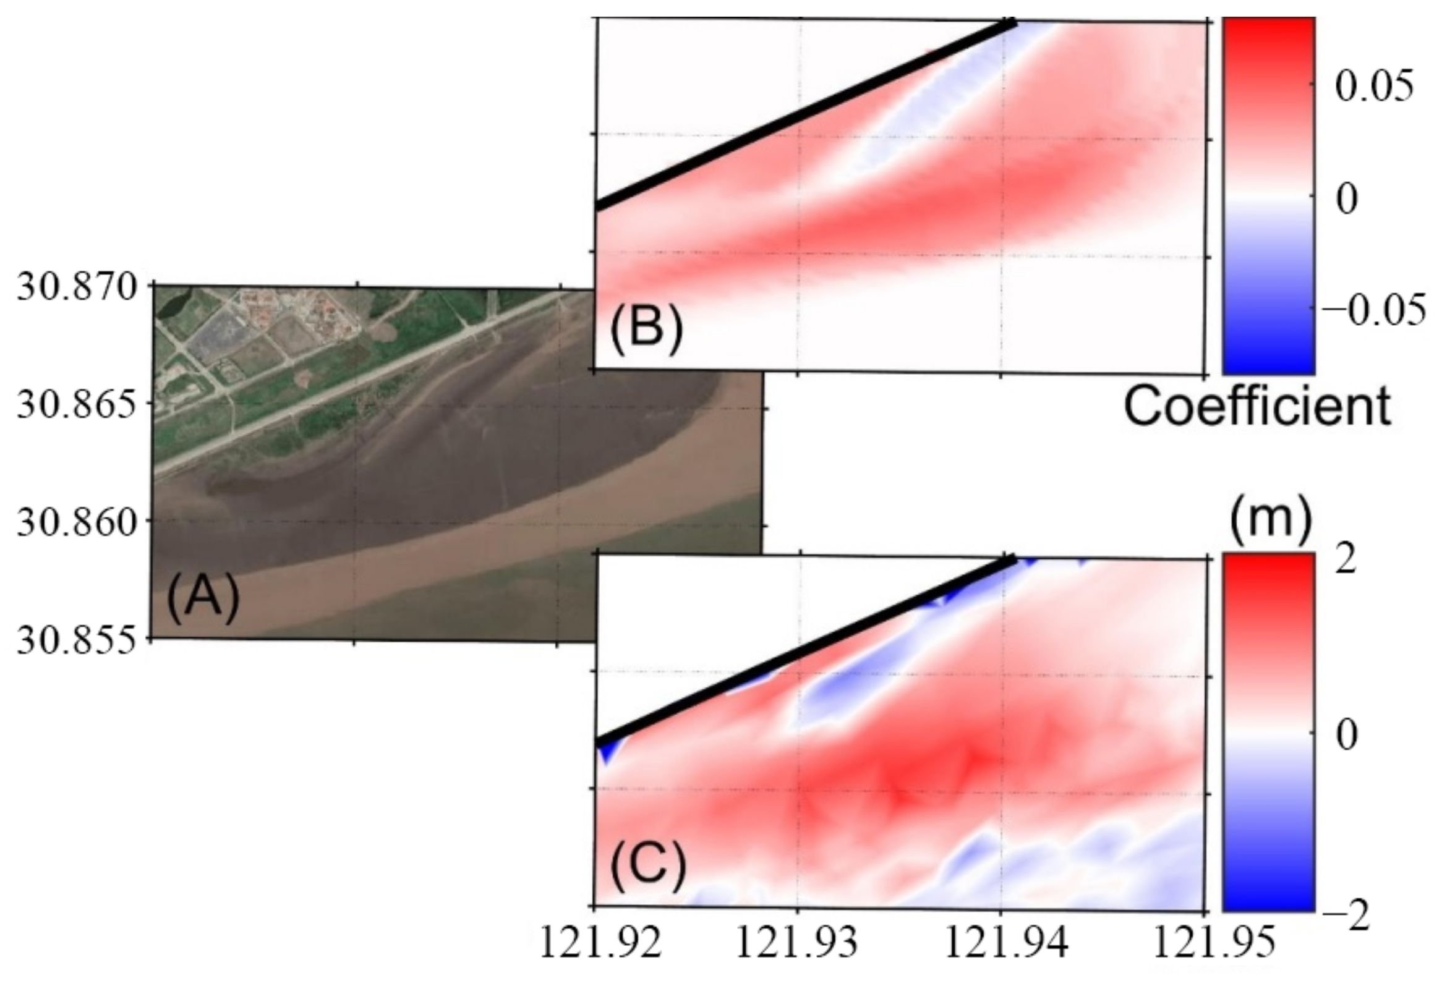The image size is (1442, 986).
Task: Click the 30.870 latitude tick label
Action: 75,287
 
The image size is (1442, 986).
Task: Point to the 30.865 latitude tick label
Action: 75,405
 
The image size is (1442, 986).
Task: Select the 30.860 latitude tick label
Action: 75,522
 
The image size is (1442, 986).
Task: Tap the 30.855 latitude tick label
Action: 75,639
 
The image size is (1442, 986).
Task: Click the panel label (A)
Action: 203,598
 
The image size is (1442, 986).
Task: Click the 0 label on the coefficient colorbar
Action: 1347,200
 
